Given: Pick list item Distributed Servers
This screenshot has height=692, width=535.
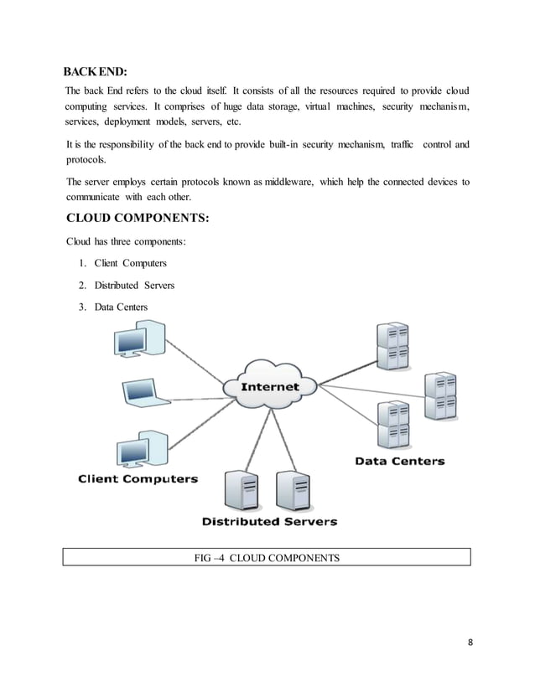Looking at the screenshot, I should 134,286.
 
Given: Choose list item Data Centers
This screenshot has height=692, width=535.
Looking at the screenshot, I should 121,307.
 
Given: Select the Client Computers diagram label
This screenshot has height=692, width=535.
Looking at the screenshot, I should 138,479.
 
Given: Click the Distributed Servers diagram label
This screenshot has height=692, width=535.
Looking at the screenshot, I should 268,521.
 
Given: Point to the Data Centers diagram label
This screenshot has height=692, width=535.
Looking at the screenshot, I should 399,461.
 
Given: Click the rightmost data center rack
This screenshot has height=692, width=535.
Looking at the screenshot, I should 440,397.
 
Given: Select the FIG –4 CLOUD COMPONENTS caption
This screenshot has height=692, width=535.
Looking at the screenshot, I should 267,555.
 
